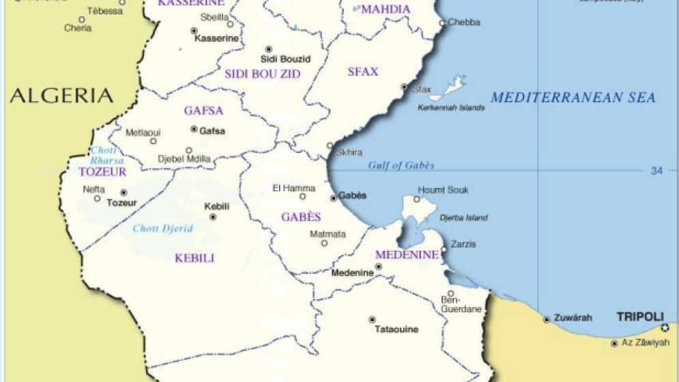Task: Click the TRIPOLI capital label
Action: coord(639,316)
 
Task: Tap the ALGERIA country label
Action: coord(61,96)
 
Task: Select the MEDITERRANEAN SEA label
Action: coord(573,98)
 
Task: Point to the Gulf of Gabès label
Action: coord(401,165)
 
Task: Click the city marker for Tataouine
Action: coord(372,319)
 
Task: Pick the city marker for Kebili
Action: coord(213,217)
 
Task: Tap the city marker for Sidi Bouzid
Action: coord(268,49)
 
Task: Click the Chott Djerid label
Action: coord(162,228)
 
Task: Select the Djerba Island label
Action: coord(463,218)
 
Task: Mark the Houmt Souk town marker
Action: coord(417,200)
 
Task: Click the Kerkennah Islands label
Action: coord(451,108)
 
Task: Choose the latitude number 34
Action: coord(656,171)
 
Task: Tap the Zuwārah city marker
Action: coord(547,319)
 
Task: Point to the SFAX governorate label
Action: coord(362,72)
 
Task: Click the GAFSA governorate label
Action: coord(203,111)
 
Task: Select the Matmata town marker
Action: coord(324,243)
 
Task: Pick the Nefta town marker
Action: coord(98,198)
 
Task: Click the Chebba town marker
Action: coord(442,23)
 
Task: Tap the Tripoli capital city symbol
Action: coord(665,328)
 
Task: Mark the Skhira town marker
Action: coord(330,146)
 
